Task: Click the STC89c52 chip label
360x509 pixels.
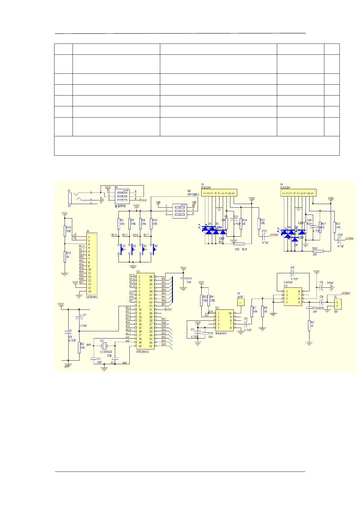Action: click(142, 352)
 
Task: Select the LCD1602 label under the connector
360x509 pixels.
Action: click(92, 297)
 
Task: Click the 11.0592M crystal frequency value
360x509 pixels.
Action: click(106, 352)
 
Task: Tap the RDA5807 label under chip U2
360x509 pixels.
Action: click(221, 333)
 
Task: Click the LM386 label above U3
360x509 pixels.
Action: click(288, 282)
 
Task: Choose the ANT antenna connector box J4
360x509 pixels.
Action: click(240, 302)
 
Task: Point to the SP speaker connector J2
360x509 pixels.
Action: click(337, 304)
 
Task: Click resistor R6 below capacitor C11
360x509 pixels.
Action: click(309, 326)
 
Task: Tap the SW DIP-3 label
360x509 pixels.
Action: click(193, 195)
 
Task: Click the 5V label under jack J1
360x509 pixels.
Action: click(70, 206)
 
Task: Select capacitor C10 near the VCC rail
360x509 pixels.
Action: click(183, 278)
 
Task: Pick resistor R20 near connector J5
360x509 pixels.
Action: click(318, 251)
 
